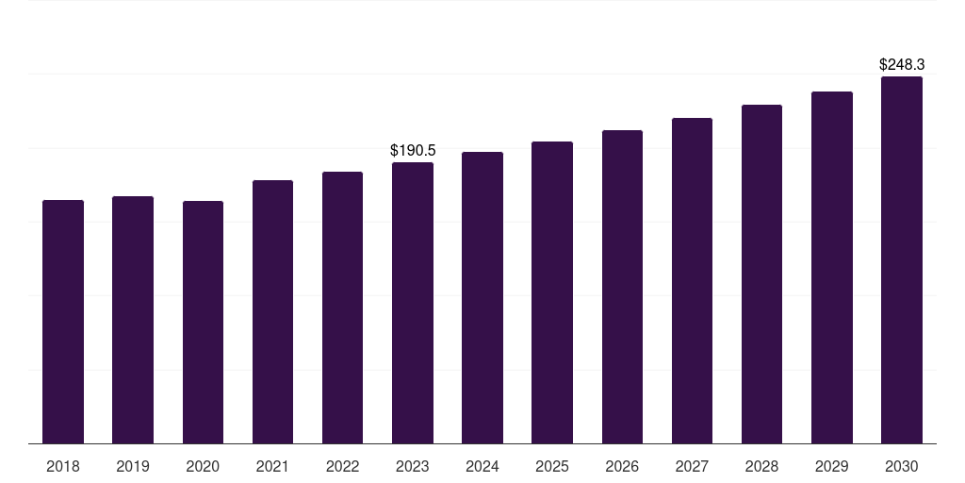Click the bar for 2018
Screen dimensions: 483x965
pyautogui.click(x=63, y=322)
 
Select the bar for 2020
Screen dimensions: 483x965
pyautogui.click(x=203, y=322)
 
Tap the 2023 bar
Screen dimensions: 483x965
pyautogui.click(x=413, y=303)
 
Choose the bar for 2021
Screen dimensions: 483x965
pyautogui.click(x=272, y=311)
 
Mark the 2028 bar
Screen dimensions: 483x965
pyautogui.click(x=761, y=274)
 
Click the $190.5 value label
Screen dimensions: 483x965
pyautogui.click(x=413, y=151)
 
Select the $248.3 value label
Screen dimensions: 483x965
pyautogui.click(x=902, y=65)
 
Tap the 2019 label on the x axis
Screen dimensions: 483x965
pyautogui.click(x=133, y=466)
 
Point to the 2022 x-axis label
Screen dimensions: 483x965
pyautogui.click(x=342, y=466)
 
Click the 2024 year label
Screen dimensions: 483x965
pyautogui.click(x=482, y=466)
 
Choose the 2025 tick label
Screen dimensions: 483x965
pyautogui.click(x=552, y=466)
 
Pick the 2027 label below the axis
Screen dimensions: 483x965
pyautogui.click(x=692, y=466)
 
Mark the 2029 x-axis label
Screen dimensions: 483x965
pyautogui.click(x=832, y=466)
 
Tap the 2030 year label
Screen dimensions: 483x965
pyautogui.click(x=902, y=466)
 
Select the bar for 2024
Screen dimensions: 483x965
pyautogui.click(x=482, y=297)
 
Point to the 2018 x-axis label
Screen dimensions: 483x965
pyautogui.click(x=63, y=466)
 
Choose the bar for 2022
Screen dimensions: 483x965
pyautogui.click(x=342, y=308)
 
